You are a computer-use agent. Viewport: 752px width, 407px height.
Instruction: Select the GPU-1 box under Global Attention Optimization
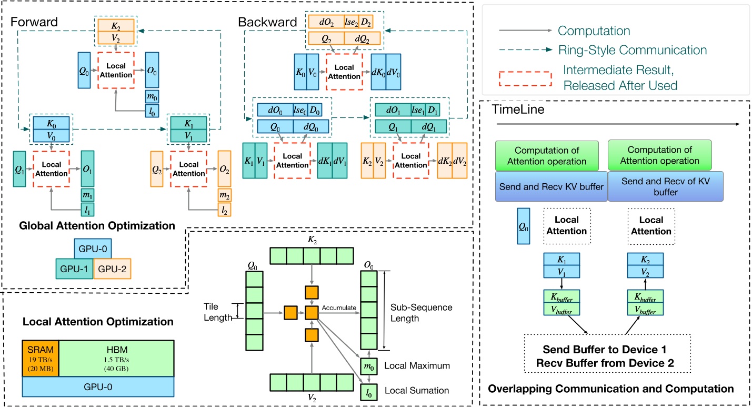click(74, 268)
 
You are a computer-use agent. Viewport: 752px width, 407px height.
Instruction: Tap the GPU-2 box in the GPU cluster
click(112, 268)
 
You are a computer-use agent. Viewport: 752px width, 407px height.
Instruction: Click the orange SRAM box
click(40, 358)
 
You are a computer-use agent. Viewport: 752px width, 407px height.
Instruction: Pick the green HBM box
click(116, 358)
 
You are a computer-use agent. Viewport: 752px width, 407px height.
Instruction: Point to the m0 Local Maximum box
click(368, 365)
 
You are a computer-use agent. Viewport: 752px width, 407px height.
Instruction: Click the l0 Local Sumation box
click(368, 391)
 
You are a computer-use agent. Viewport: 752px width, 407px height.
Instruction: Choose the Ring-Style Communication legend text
click(632, 50)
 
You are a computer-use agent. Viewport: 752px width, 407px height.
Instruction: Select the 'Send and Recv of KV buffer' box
click(664, 186)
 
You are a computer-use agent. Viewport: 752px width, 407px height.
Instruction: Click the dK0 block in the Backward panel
click(378, 67)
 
